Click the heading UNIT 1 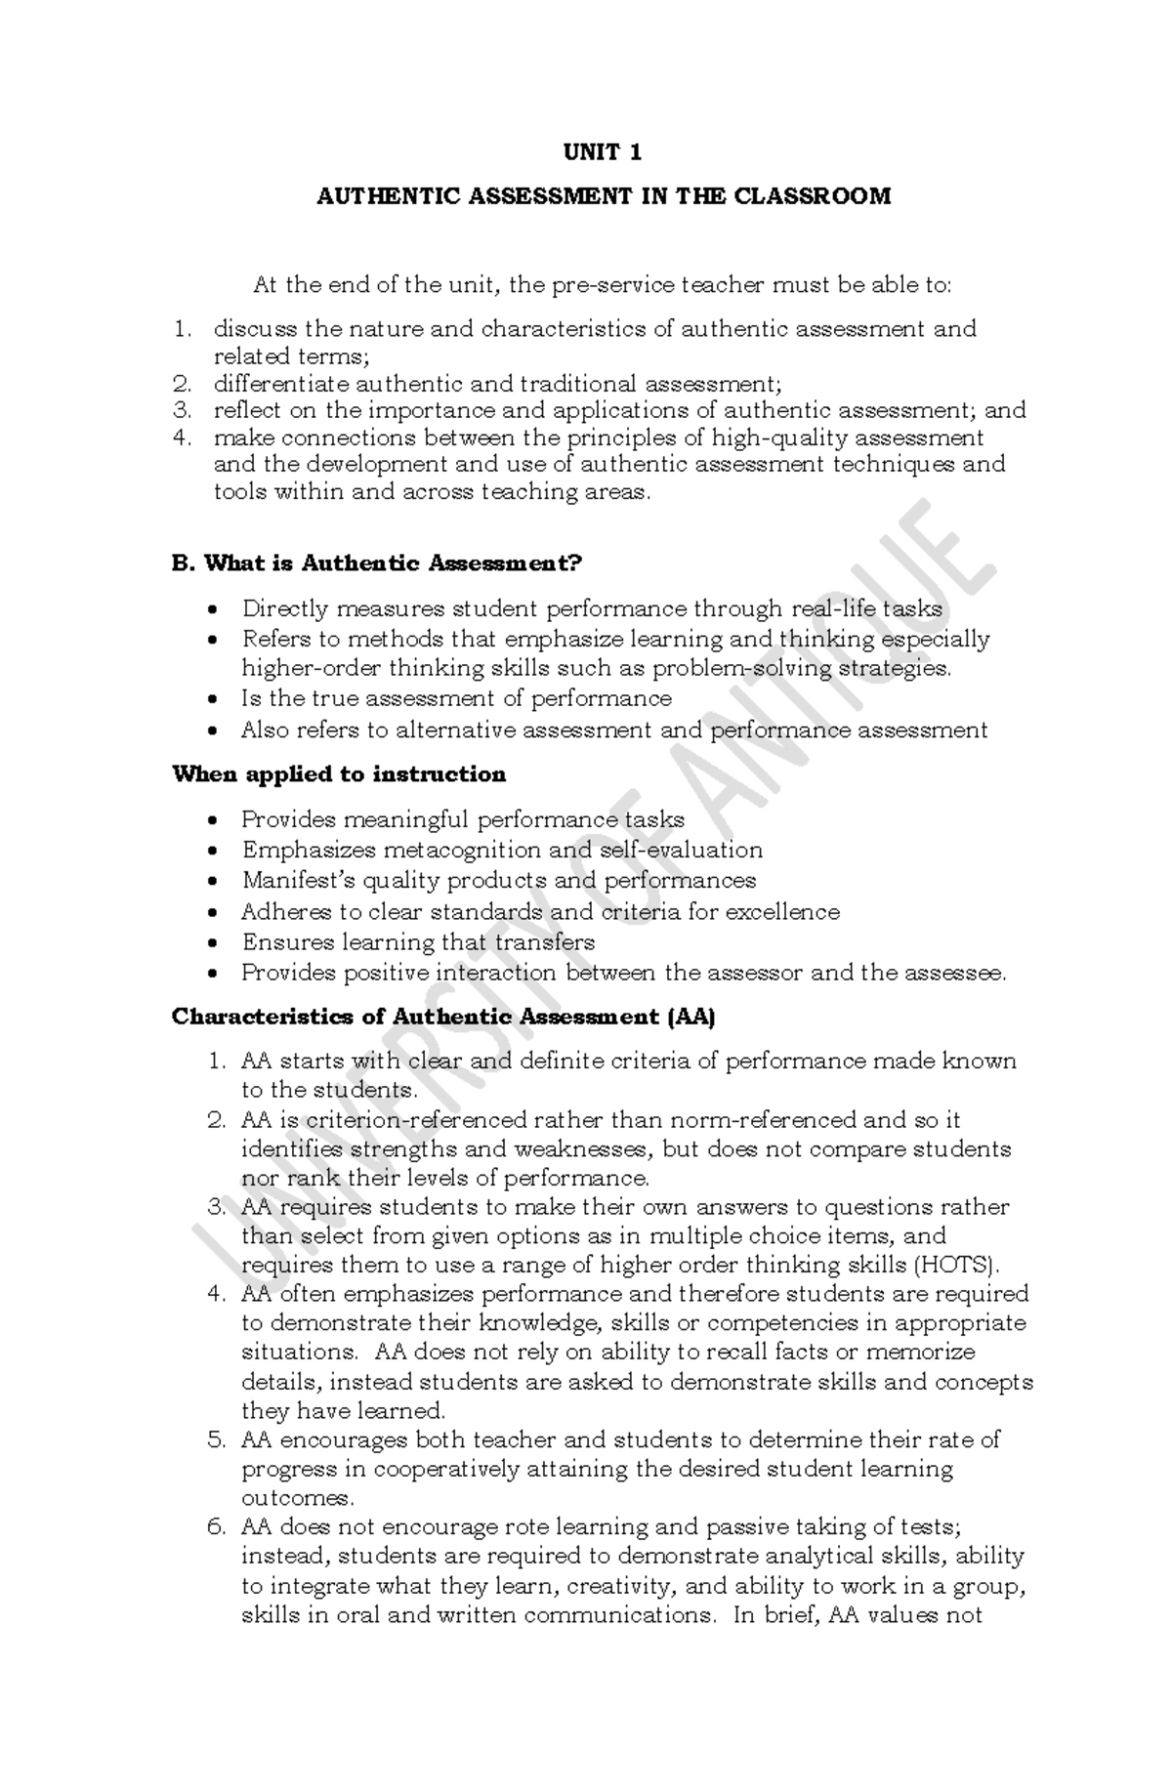pyautogui.click(x=603, y=152)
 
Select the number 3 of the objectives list pyautogui.click(x=180, y=410)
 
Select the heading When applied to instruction pyautogui.click(x=339, y=775)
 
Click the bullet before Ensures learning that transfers pyautogui.click(x=215, y=943)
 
